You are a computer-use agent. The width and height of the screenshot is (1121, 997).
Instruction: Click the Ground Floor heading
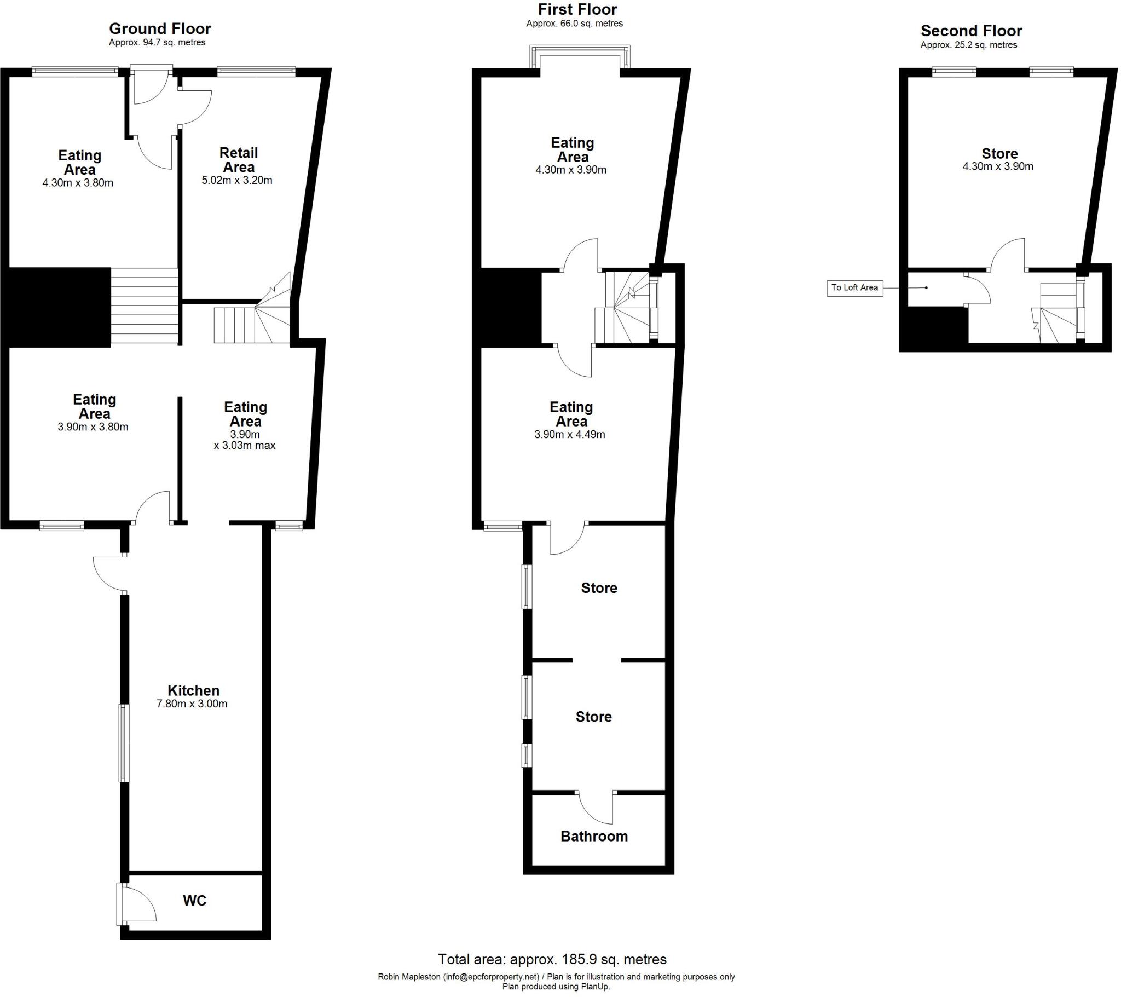(160, 28)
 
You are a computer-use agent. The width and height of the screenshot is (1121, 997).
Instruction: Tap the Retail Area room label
(238, 160)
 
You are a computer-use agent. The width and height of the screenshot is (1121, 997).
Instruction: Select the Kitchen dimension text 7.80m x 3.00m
(192, 704)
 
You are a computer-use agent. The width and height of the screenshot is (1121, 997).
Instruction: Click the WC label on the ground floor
(194, 901)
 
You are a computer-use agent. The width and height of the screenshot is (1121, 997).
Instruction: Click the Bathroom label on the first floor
(594, 836)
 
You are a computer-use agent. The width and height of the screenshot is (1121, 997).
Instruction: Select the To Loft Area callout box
(854, 287)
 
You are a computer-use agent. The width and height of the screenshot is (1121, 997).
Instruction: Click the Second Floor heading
(971, 31)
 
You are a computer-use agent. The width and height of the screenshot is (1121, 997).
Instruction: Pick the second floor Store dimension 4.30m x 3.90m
(998, 166)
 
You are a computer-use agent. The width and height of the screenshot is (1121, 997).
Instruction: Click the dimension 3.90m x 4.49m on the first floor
(570, 435)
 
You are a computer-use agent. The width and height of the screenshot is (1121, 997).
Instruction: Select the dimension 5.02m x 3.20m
(237, 181)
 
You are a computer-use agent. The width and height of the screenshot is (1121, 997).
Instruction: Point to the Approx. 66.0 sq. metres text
(574, 24)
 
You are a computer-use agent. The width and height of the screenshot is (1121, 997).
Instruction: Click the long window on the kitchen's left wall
(124, 743)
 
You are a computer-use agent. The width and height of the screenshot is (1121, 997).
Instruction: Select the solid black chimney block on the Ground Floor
(59, 307)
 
